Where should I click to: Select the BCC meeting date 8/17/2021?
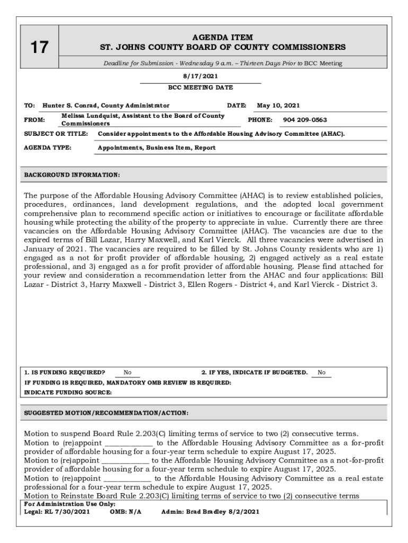(x=200, y=76)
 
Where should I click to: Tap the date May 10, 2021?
(x=278, y=106)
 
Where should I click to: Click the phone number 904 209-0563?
(x=305, y=120)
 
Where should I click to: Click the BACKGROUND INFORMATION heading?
(x=72, y=174)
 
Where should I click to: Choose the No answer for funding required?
(x=128, y=373)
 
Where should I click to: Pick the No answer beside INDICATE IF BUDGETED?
(x=322, y=373)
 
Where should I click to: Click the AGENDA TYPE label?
(x=48, y=148)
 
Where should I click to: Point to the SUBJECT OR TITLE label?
(x=56, y=134)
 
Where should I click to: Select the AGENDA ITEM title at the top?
(x=223, y=38)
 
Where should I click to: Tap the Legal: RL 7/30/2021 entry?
(x=57, y=512)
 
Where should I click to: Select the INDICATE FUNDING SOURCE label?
(x=68, y=392)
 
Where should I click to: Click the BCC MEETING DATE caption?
(x=200, y=87)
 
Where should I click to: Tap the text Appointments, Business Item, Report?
(x=156, y=148)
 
